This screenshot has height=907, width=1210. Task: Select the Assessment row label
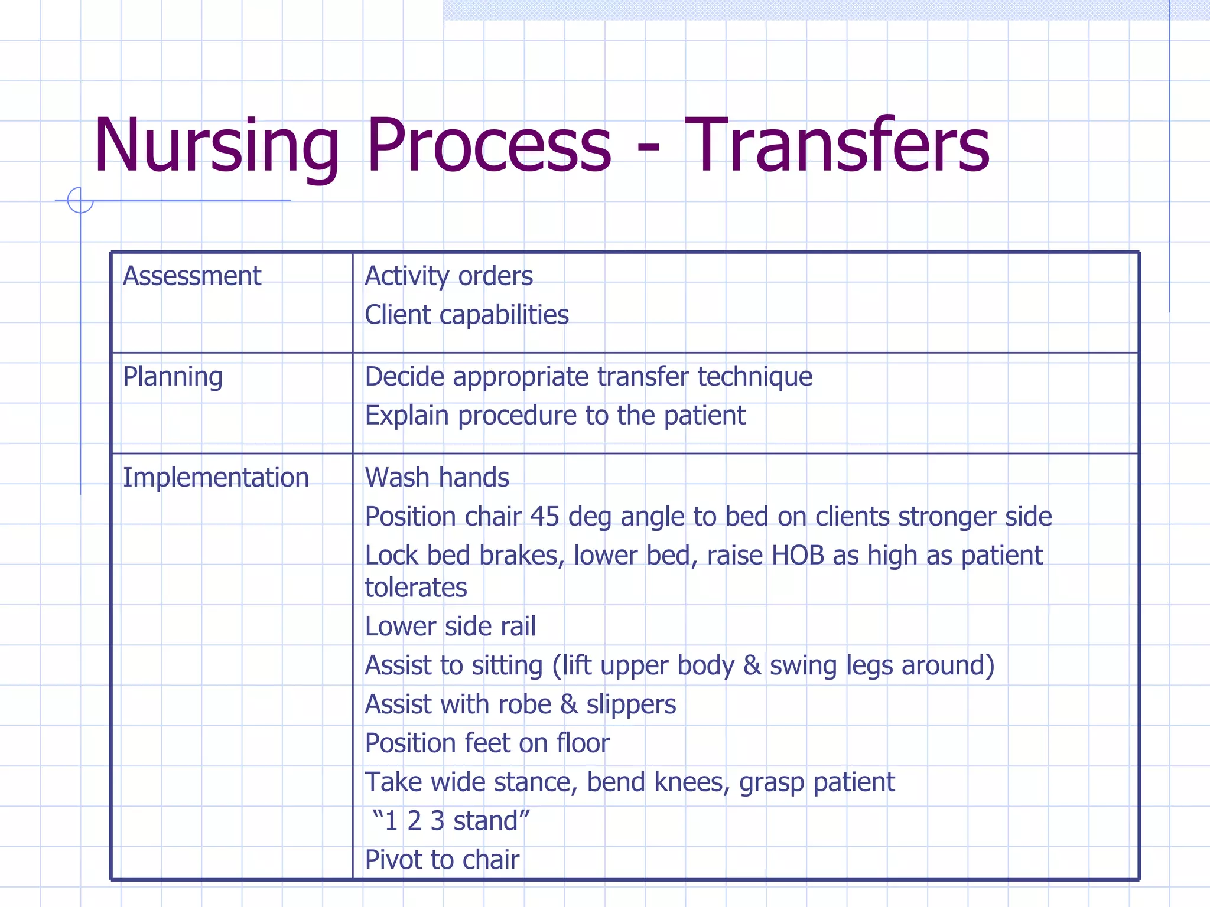(x=191, y=276)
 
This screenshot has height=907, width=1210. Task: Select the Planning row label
(x=173, y=377)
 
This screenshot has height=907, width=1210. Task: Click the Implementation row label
(x=216, y=477)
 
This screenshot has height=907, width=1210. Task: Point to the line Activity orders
(x=448, y=276)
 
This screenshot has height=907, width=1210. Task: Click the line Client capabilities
(x=466, y=315)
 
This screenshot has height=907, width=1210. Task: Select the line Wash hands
(x=437, y=477)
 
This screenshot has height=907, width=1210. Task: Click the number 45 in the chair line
(x=544, y=517)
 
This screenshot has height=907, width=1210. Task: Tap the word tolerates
(x=415, y=588)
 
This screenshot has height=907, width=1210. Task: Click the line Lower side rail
(x=450, y=627)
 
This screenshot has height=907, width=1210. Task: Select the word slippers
(x=630, y=704)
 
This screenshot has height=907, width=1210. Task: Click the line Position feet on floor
(x=487, y=743)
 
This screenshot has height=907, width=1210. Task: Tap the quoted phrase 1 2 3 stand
(x=451, y=821)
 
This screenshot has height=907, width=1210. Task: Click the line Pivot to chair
(x=441, y=860)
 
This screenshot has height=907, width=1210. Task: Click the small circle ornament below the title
(x=80, y=200)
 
